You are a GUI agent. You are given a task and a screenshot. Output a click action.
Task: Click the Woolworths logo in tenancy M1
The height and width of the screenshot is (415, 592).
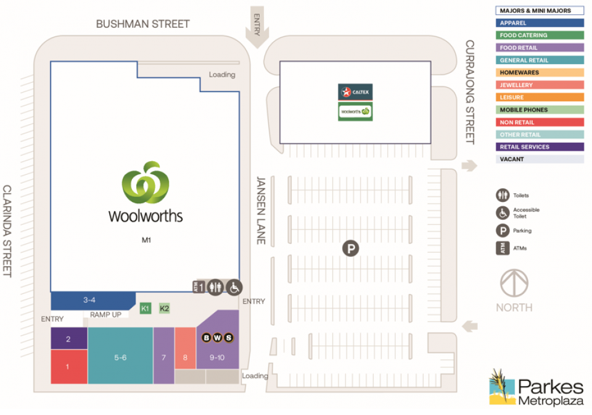click(x=146, y=191)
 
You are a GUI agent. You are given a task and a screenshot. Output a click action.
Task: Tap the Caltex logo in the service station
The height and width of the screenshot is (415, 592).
click(x=355, y=92)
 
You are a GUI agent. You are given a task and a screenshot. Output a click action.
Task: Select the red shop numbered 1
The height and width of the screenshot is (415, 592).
click(x=68, y=366)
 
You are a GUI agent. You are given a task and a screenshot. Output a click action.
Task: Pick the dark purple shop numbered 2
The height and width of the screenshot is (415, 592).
click(x=68, y=338)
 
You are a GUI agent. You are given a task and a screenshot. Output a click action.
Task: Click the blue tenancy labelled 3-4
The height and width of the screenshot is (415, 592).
click(x=90, y=301)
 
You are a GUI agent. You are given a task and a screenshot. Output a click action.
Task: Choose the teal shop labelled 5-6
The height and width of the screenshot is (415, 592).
click(x=120, y=356)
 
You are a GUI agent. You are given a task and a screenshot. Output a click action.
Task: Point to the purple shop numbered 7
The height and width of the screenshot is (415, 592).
click(x=163, y=356)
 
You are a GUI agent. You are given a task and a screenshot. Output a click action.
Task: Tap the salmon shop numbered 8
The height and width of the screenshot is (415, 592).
click(x=185, y=356)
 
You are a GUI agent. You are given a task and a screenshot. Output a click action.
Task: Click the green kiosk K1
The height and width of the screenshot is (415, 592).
click(x=146, y=308)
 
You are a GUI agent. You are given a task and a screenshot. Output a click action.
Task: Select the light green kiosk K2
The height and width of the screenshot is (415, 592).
click(x=165, y=308)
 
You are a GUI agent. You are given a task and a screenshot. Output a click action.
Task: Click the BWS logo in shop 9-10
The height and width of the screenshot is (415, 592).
click(x=218, y=337)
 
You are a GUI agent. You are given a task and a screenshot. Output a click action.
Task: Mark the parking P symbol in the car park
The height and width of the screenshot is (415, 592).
click(x=351, y=249)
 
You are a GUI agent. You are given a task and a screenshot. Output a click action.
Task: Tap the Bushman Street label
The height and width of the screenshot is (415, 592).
click(x=142, y=24)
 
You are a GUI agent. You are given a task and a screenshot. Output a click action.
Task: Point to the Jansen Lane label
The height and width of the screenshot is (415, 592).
click(x=261, y=210)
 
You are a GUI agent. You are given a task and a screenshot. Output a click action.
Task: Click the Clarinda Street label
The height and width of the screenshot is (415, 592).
click(x=7, y=230)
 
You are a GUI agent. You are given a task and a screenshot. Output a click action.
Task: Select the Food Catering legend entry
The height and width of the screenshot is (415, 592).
click(x=540, y=35)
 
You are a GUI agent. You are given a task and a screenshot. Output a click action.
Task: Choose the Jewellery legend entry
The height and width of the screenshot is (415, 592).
click(x=540, y=85)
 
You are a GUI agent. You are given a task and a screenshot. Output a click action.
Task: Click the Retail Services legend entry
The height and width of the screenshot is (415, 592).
click(x=540, y=147)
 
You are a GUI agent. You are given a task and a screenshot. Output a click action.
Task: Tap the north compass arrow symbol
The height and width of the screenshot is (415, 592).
click(x=514, y=283)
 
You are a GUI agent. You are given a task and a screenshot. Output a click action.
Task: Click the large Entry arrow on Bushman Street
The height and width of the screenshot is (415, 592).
click(x=256, y=28)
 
